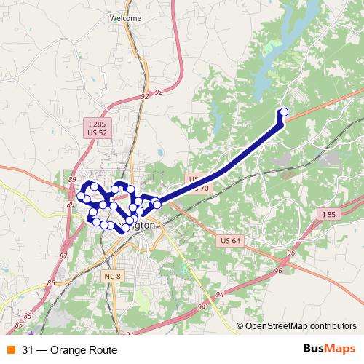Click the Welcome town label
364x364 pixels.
coord(124,17)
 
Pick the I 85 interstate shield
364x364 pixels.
coord(328,214)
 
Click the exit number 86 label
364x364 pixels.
coord(51,282)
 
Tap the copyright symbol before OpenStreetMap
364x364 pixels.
coord(240,326)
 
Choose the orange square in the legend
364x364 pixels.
coord(12,349)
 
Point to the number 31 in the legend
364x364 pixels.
coord(28,349)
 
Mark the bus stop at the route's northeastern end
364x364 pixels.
coord(284,112)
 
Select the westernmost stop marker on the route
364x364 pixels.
coord(81,195)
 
